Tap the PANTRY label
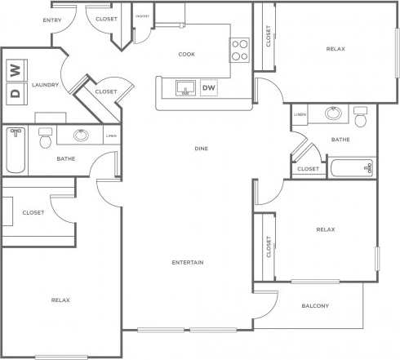142,16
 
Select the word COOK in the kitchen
186,55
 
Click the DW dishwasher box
209,88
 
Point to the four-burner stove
240,51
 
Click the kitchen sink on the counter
185,87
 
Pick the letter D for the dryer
14,91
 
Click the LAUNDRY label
44,85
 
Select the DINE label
201,149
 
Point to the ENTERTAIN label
188,262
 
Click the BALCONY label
315,306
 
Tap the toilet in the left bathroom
46,139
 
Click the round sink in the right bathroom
332,114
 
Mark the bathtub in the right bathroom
351,169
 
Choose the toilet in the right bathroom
362,117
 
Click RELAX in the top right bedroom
336,49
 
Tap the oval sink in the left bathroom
81,136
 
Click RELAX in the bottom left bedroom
60,300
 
